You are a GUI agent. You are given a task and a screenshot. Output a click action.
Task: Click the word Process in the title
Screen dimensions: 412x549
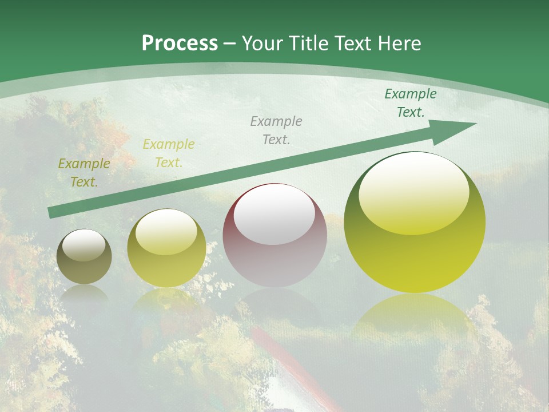(180, 43)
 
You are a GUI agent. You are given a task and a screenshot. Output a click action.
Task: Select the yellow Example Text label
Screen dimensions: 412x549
(169, 153)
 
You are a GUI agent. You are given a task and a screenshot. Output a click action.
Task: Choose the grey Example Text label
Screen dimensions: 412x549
(276, 130)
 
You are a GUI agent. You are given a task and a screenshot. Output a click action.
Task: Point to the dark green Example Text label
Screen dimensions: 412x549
(410, 103)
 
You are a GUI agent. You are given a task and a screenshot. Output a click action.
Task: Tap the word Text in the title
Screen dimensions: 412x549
(349, 43)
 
